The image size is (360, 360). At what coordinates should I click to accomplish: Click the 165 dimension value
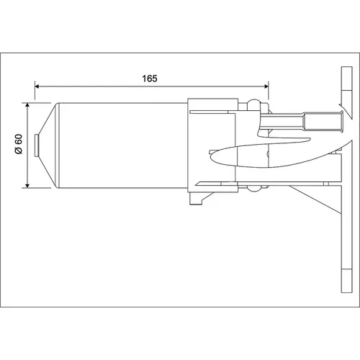pyautogui.click(x=150, y=78)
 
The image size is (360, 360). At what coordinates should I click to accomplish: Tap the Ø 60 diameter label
pyautogui.click(x=19, y=144)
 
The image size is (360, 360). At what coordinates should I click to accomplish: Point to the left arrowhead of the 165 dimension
pyautogui.click(x=37, y=86)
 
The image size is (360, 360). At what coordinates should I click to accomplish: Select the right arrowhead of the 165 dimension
pyautogui.click(x=266, y=86)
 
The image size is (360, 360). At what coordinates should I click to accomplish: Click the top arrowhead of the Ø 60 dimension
pyautogui.click(x=27, y=105)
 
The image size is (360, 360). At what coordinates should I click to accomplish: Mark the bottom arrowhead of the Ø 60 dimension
pyautogui.click(x=27, y=186)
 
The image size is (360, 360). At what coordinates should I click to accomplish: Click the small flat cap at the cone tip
pyautogui.click(x=37, y=145)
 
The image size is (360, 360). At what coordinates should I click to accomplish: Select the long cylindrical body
pyautogui.click(x=123, y=145)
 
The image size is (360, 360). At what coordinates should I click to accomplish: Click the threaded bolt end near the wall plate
pyautogui.click(x=323, y=121)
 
